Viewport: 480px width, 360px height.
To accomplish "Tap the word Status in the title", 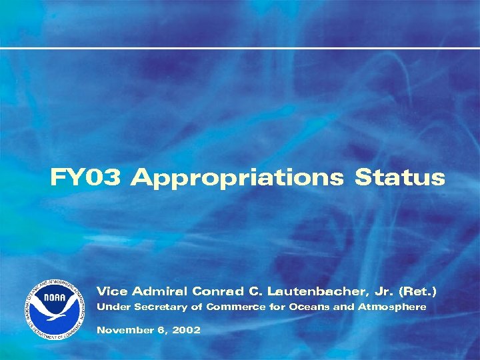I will (399, 178).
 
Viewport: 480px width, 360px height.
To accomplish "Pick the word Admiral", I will (159, 291).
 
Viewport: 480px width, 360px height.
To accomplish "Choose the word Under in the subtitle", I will (114, 307).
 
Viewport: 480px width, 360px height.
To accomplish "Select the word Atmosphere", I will (392, 307).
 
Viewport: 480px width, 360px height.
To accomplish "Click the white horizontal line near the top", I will (240, 48).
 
